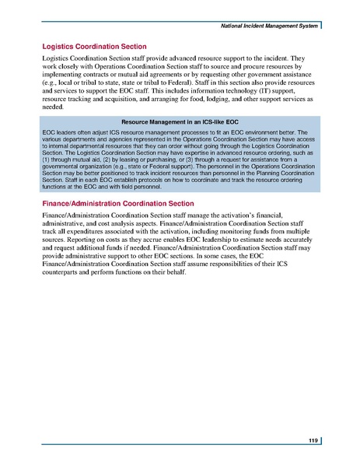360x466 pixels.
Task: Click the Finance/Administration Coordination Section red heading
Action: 117,203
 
